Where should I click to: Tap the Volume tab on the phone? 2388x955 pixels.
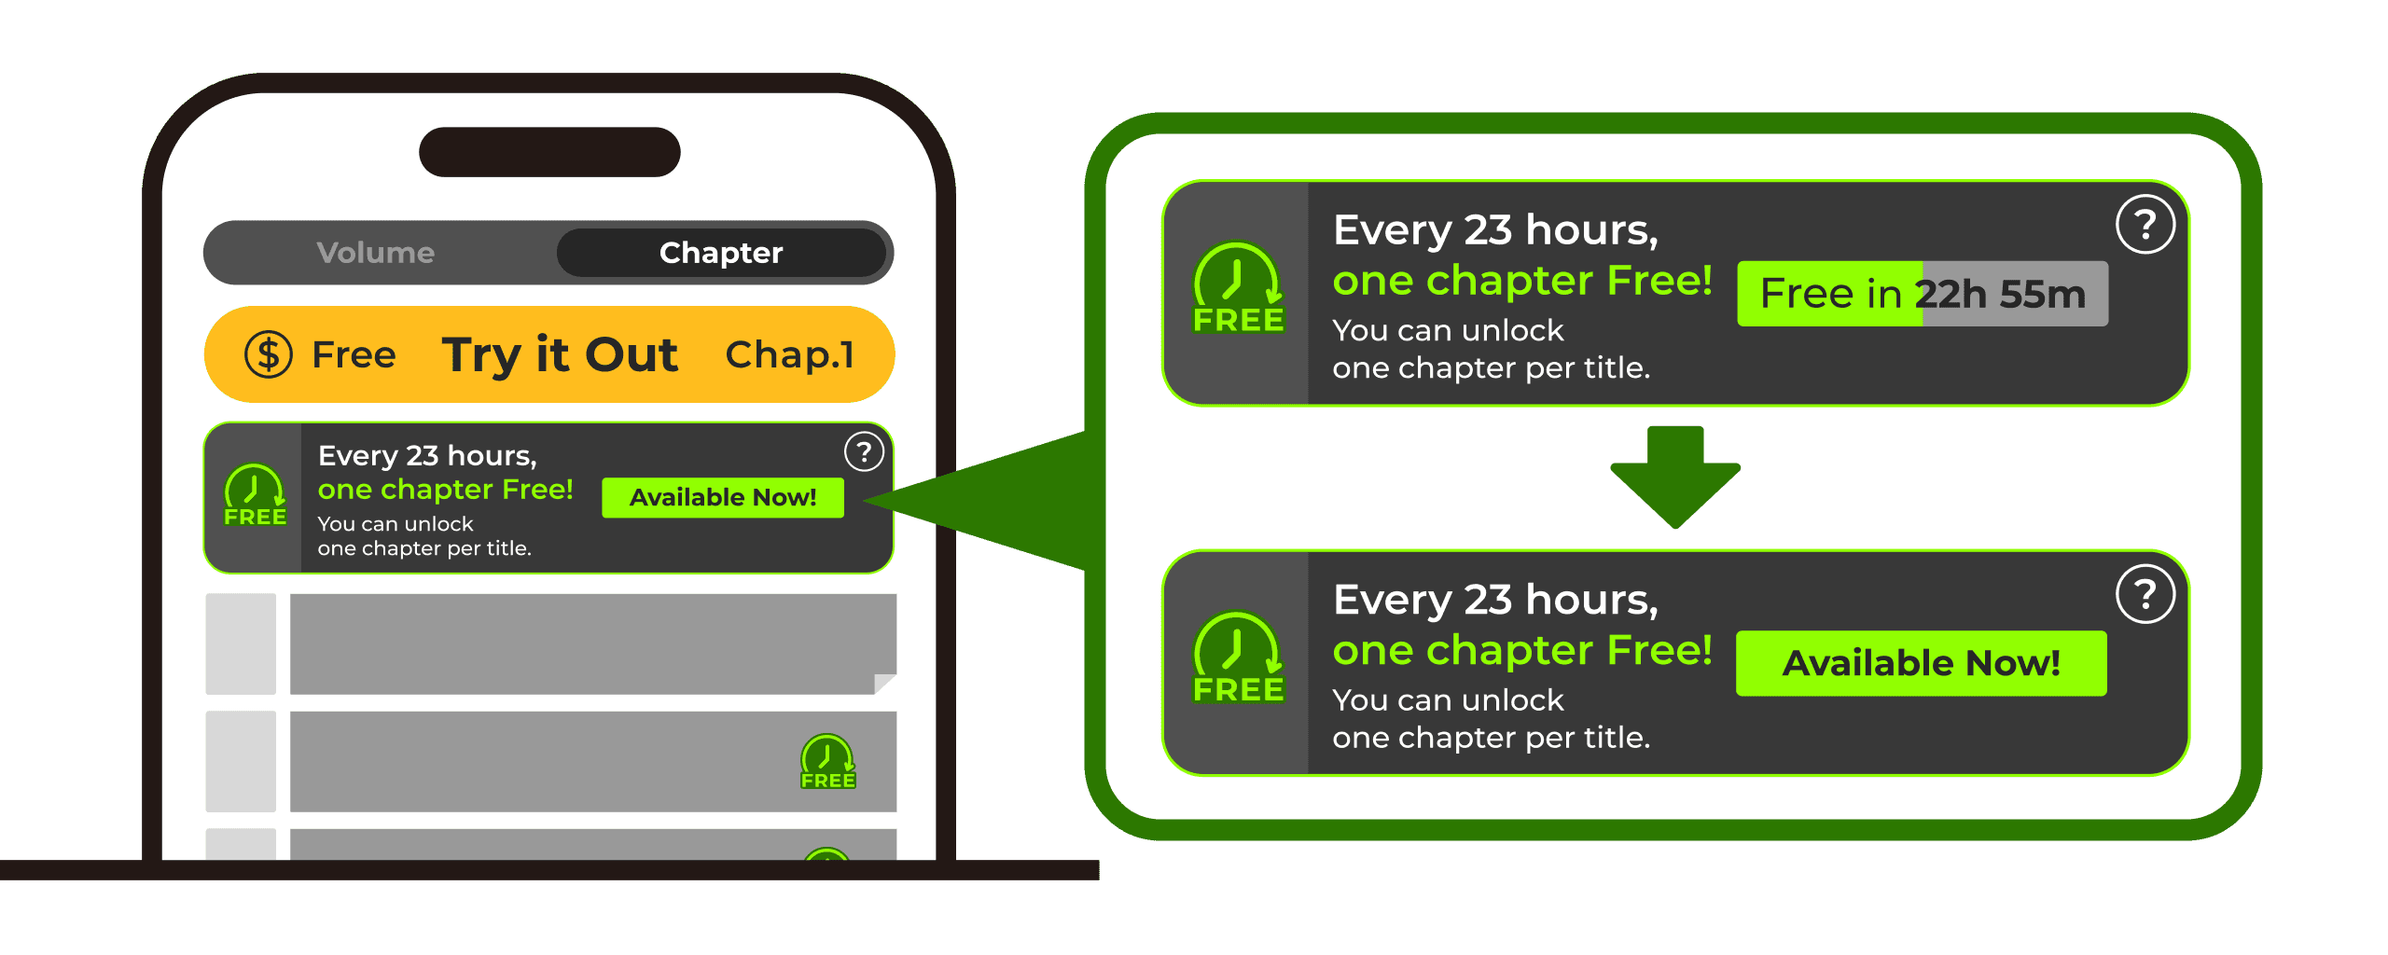point(376,253)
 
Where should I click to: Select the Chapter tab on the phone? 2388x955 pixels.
point(721,253)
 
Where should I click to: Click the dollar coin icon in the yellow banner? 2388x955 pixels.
point(269,354)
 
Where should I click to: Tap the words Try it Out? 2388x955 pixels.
point(560,354)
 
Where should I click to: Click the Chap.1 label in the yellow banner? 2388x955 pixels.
point(789,354)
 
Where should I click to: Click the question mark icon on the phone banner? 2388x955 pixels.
point(864,452)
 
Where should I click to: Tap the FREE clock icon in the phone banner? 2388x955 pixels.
point(255,495)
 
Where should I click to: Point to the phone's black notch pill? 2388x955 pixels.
point(549,152)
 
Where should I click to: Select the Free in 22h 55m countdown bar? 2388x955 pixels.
point(1922,294)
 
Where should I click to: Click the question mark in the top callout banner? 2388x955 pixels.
point(2145,225)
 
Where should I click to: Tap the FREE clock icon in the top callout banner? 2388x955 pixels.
point(1238,287)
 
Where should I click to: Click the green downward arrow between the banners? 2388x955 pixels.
point(1675,477)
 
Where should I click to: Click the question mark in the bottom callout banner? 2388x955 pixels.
point(2145,594)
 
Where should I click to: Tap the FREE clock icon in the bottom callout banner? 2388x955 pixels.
point(1238,657)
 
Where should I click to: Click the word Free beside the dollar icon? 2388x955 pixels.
point(354,354)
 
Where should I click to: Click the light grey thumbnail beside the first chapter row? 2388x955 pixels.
point(241,644)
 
